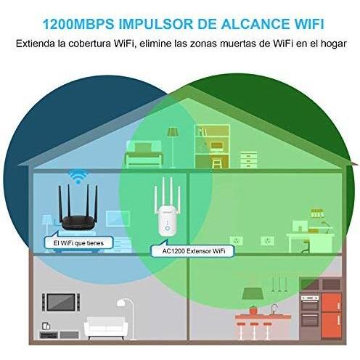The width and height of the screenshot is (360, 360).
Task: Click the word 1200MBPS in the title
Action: [x=78, y=24]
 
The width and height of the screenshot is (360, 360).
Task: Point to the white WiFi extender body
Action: [x=167, y=222]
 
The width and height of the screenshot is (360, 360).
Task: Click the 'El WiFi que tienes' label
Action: [x=78, y=242]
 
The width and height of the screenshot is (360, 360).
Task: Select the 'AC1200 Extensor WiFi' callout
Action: [x=193, y=250]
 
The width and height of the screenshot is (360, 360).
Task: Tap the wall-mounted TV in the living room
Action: [x=61, y=302]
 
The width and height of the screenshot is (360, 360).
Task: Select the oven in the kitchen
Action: [x=310, y=311]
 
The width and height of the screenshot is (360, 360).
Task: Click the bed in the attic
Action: [x=144, y=155]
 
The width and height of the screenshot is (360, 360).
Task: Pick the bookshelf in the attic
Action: [x=212, y=147]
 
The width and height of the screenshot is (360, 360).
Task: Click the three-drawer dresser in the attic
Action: [x=249, y=160]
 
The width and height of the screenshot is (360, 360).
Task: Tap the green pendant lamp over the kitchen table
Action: [x=253, y=293]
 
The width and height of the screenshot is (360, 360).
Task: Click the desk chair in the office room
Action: [x=306, y=246]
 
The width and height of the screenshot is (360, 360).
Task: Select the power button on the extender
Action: [x=168, y=229]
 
